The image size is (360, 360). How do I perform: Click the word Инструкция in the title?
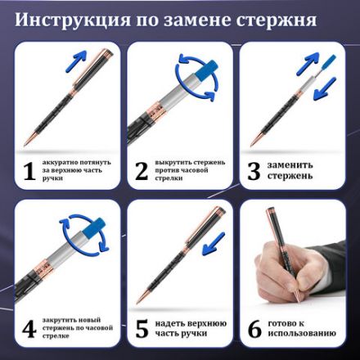click(78, 19)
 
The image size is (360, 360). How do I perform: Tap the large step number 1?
click(29, 170)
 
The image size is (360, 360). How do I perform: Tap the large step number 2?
click(142, 170)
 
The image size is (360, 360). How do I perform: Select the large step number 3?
click(254, 170)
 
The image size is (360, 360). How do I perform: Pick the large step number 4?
click(29, 330)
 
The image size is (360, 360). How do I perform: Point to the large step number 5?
click(142, 330)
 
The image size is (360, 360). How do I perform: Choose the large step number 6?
click(254, 330)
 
